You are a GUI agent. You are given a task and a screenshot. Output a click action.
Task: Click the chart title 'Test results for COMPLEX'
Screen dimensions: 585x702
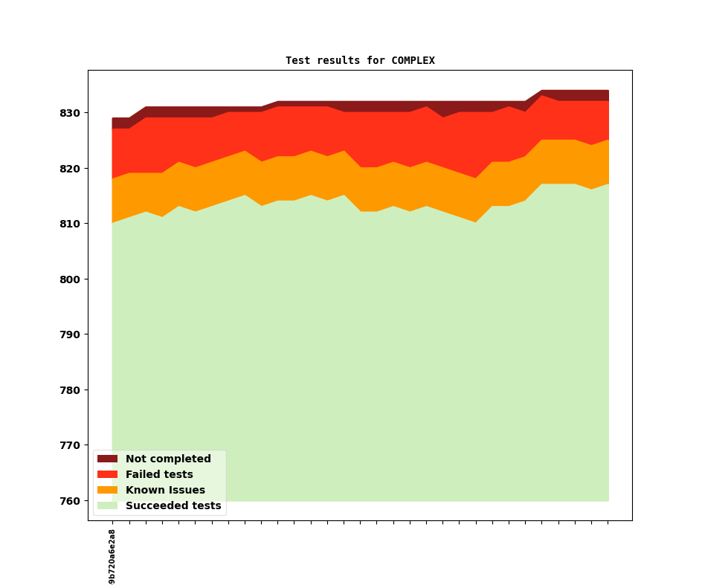coord(360,60)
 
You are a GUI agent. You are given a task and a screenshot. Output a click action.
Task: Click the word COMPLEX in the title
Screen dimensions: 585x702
coord(413,60)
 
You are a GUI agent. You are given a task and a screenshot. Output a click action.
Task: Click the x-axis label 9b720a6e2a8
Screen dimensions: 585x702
coord(112,556)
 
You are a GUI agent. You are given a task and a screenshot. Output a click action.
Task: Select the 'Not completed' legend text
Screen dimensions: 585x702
coord(168,459)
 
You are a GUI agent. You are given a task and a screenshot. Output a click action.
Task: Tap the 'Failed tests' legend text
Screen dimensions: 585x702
coord(159,475)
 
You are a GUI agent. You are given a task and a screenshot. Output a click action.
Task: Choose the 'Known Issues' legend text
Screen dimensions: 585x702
coord(165,491)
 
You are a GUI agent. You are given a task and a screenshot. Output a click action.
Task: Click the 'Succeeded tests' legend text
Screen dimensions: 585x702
coord(173,506)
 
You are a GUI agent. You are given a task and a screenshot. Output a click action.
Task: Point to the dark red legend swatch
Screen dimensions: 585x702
coord(107,459)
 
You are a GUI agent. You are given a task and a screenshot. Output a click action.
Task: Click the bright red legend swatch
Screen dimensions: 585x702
coord(107,475)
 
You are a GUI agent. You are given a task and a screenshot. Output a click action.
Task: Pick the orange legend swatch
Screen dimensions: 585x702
coord(107,491)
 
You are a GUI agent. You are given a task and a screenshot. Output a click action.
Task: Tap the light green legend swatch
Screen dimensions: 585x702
coord(107,506)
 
